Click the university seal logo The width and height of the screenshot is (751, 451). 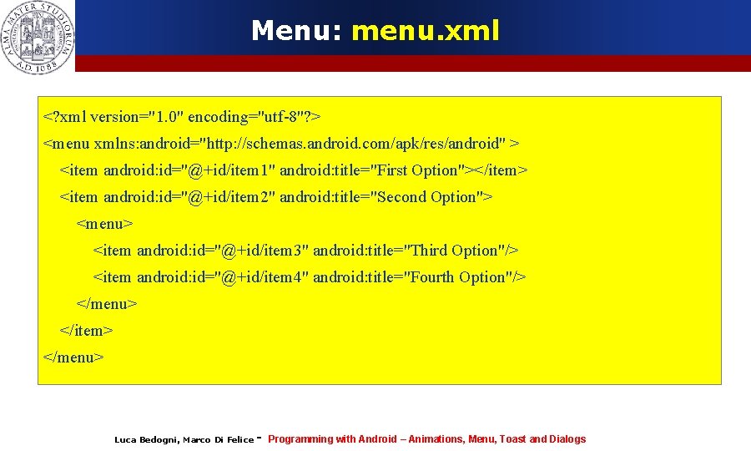click(x=38, y=37)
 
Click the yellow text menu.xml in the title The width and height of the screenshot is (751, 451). click(x=425, y=31)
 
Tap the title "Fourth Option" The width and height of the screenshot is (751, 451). click(x=459, y=277)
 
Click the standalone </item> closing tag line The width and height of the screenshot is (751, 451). click(x=86, y=331)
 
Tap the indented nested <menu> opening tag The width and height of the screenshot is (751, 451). click(x=104, y=224)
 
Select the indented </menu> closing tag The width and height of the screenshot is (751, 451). click(x=106, y=304)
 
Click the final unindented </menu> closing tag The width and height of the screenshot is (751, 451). click(x=73, y=357)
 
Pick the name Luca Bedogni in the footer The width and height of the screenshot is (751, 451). click(x=145, y=440)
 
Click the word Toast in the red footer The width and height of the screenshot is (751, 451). click(x=512, y=439)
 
